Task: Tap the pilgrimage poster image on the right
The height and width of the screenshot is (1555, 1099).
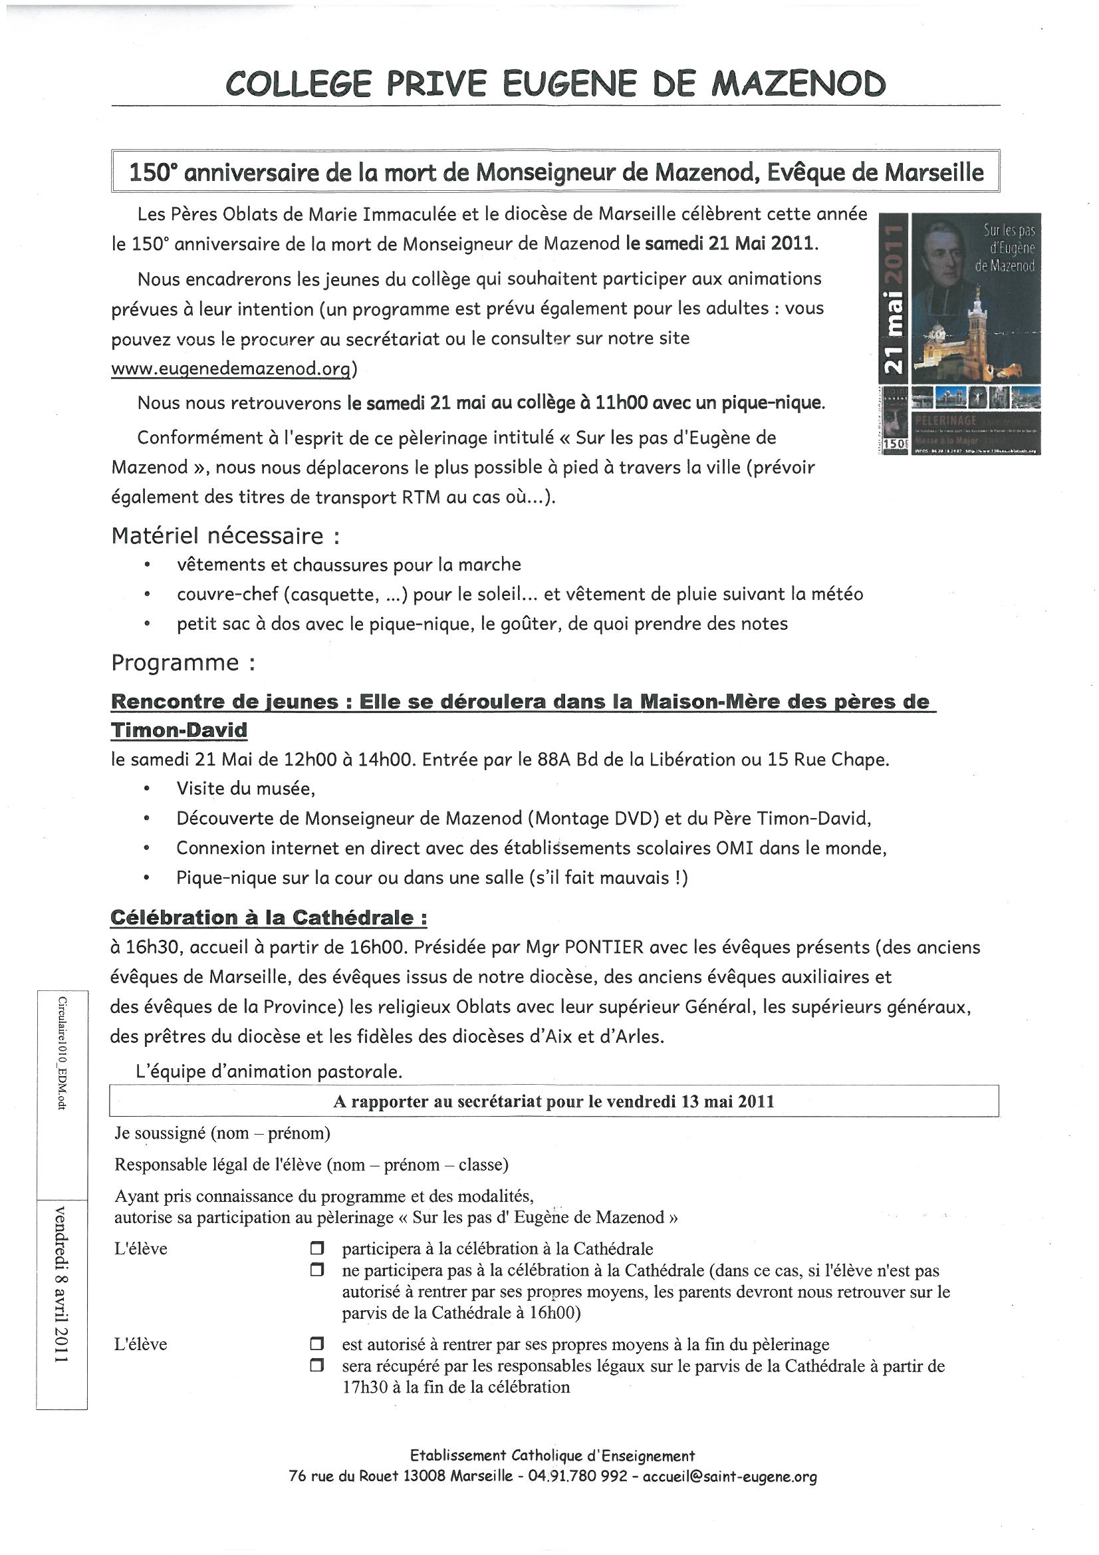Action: pyautogui.click(x=959, y=333)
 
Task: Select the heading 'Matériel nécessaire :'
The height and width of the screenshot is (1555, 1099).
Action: pyautogui.click(x=225, y=535)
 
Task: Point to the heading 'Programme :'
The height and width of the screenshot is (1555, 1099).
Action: pyautogui.click(x=183, y=662)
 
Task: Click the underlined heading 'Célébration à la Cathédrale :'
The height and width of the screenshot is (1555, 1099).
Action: pyautogui.click(x=268, y=918)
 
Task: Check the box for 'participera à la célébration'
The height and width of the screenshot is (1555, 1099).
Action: pyautogui.click(x=316, y=1248)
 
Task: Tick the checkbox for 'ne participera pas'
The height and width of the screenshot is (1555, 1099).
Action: pyautogui.click(x=316, y=1270)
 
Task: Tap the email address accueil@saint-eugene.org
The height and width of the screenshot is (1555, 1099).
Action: pyautogui.click(x=729, y=1477)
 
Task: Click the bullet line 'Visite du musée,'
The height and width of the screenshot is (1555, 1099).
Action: pyautogui.click(x=246, y=788)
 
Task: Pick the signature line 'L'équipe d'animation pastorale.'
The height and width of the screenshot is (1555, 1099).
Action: pyautogui.click(x=269, y=1071)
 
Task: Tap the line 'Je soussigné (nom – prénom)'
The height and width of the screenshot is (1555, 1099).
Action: pyautogui.click(x=222, y=1133)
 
